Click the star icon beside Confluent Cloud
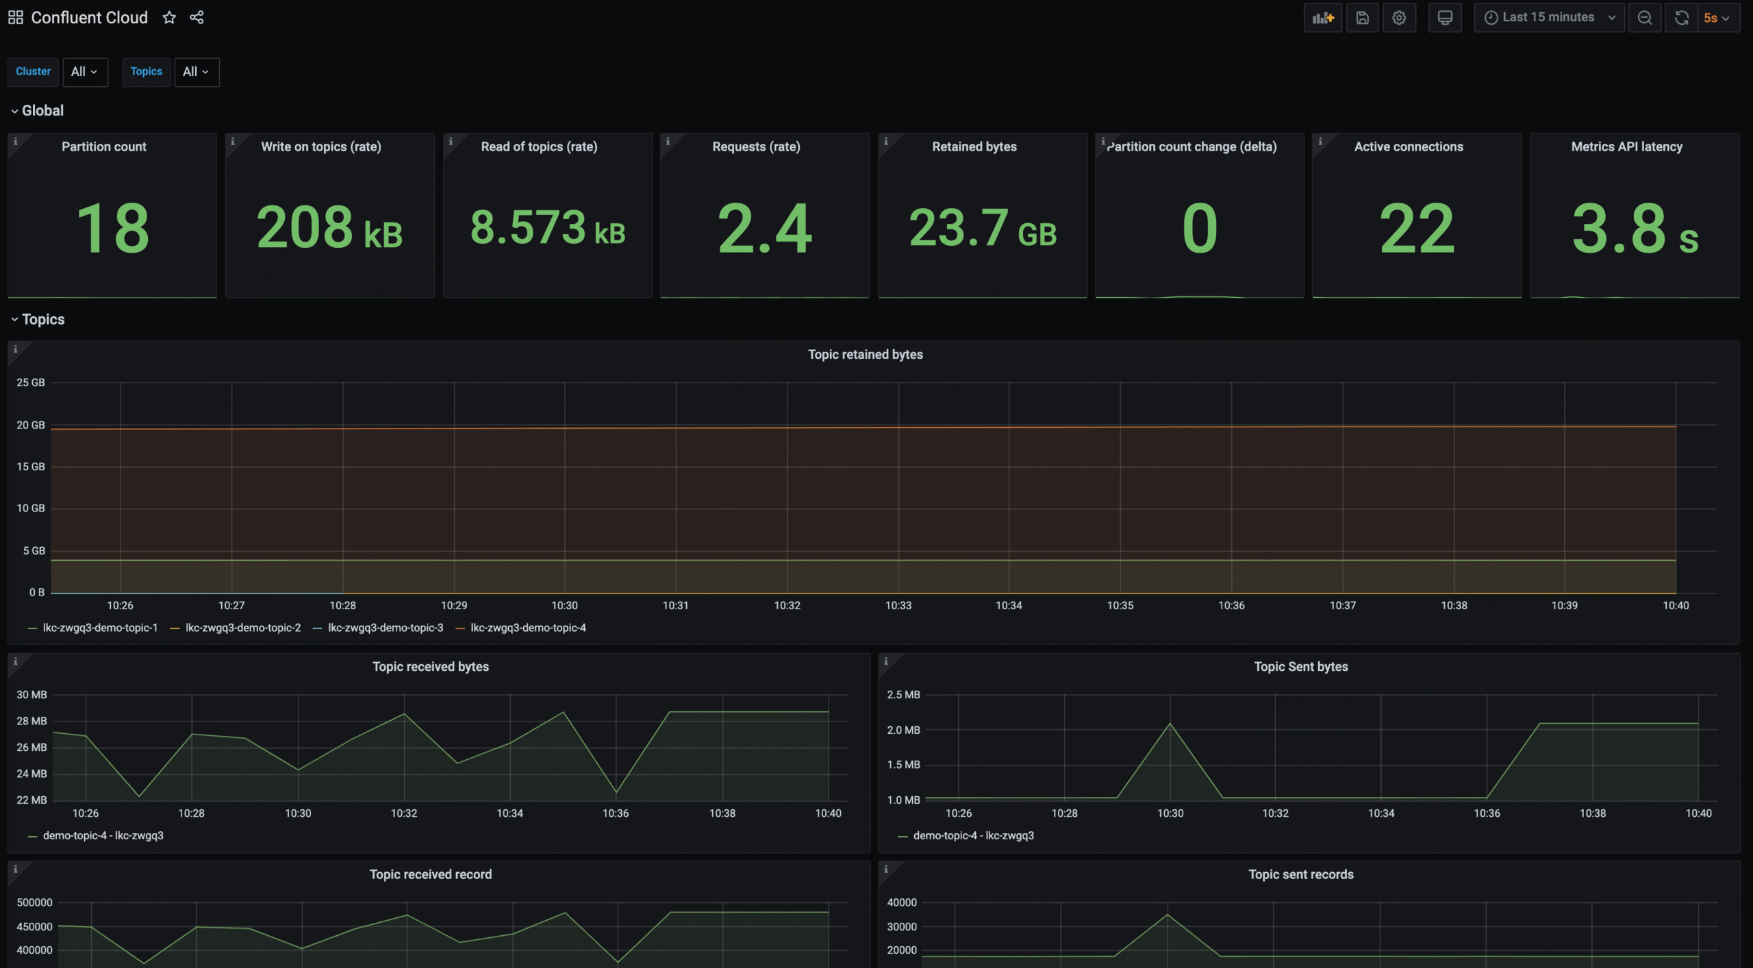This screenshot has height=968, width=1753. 169,18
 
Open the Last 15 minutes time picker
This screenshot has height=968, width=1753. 1548,18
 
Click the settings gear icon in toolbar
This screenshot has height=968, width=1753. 1399,18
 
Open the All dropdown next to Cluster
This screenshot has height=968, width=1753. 85,72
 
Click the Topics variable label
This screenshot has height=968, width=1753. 146,72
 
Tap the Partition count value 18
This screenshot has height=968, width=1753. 112,228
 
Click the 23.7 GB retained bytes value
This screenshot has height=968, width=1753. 982,228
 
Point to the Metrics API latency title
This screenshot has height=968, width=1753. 1626,147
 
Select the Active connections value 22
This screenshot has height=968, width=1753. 1416,228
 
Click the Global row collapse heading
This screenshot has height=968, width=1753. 42,111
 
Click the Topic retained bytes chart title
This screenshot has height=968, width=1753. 865,355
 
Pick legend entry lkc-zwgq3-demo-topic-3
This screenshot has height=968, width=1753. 385,628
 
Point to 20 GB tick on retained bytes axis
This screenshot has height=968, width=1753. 31,425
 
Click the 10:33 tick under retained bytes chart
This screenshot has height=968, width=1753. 898,605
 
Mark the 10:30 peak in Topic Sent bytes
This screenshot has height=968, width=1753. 1170,724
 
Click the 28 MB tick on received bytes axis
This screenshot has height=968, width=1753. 31,721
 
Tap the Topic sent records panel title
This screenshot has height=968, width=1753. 1300,874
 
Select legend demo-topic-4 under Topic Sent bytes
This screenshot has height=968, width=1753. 973,835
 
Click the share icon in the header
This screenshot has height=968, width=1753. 197,18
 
